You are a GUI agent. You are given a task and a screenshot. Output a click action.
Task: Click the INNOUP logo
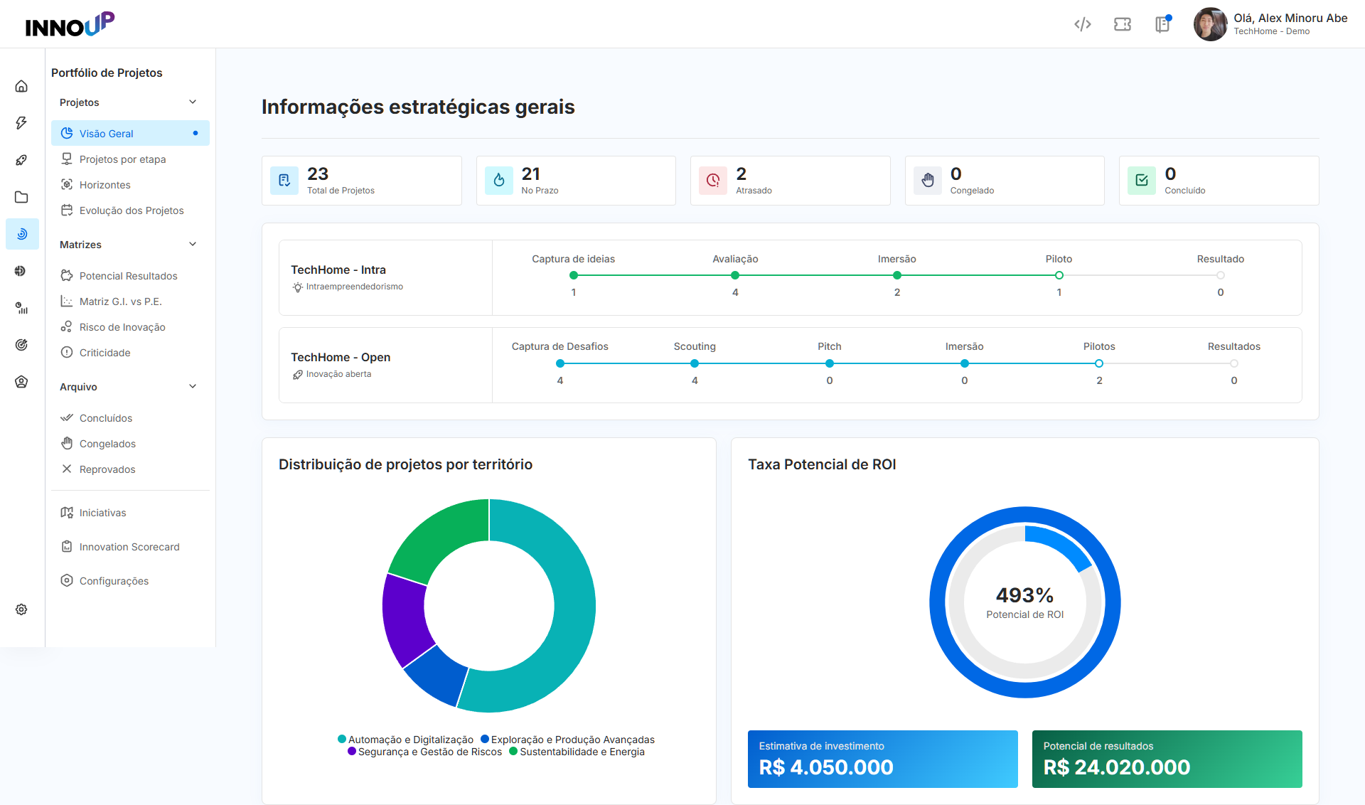click(x=70, y=24)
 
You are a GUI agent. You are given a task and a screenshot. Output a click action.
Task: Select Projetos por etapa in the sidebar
click(x=122, y=159)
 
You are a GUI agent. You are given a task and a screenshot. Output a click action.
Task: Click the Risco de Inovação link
click(x=122, y=327)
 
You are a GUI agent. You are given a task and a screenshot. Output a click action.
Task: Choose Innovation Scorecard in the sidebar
click(x=129, y=547)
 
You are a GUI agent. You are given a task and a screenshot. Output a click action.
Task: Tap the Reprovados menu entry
click(x=107, y=469)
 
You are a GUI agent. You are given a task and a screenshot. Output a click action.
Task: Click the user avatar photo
click(x=1210, y=24)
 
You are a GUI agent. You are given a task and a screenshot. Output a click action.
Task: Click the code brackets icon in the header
click(x=1082, y=24)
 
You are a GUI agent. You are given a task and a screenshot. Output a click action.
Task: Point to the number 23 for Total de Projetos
click(x=318, y=174)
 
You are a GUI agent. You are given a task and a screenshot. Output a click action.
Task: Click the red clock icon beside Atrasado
click(x=713, y=181)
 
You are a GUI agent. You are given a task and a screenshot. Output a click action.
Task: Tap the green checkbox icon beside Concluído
click(x=1142, y=181)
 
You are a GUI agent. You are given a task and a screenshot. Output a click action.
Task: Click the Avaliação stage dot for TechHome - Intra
click(x=735, y=275)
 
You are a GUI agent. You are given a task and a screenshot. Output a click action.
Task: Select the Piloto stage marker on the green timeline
click(x=1059, y=275)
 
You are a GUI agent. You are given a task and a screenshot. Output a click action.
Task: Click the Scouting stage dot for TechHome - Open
click(x=695, y=363)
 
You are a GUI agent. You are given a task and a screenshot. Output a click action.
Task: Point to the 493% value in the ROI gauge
click(x=1024, y=595)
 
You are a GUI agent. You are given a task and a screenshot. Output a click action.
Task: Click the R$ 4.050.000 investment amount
click(x=826, y=767)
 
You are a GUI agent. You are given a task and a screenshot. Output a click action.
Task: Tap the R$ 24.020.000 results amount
click(x=1116, y=767)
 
